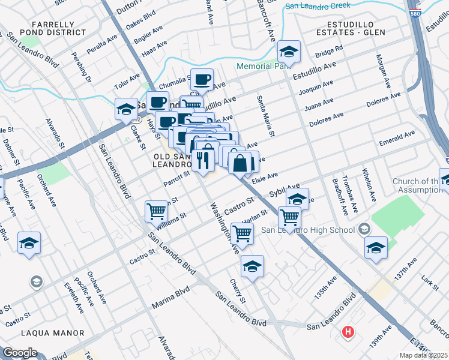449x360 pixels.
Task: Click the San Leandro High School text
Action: point(307,231)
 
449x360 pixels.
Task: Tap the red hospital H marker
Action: point(348,331)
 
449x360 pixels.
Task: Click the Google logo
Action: point(20,352)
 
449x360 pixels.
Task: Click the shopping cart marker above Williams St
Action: point(156,211)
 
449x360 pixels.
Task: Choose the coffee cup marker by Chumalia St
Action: point(203,79)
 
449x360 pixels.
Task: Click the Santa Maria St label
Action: point(265,116)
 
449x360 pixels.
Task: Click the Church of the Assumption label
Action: point(416,186)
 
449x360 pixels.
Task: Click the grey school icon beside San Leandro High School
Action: point(364,229)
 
